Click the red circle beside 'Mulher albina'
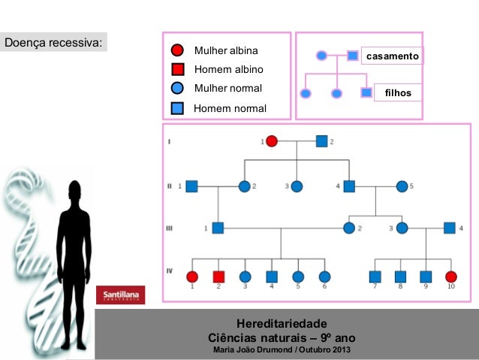[x=178, y=51]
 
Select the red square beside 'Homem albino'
[x=178, y=70]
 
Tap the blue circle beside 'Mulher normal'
[x=178, y=89]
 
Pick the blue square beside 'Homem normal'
[x=178, y=108]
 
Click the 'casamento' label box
[x=392, y=56]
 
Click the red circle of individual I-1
[x=272, y=141]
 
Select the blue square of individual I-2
[x=321, y=141]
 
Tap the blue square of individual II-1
[x=191, y=186]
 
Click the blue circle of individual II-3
[x=297, y=186]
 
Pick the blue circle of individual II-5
[x=402, y=186]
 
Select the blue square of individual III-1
[x=218, y=228]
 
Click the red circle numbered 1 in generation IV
[x=192, y=277]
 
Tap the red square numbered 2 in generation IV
[x=218, y=277]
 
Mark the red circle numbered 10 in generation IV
[x=450, y=277]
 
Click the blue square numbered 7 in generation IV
[x=375, y=277]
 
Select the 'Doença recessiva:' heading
[x=53, y=42]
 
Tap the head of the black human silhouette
[x=74, y=190]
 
